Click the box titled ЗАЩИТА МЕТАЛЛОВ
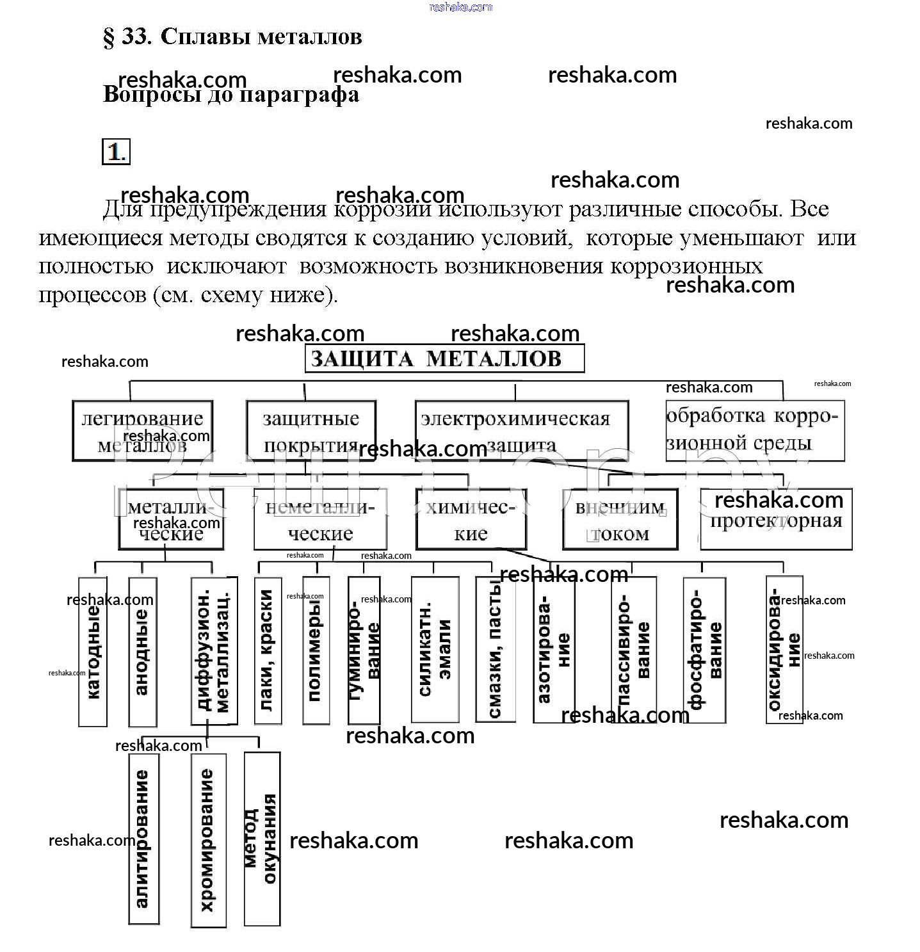444,359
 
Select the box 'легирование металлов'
142,430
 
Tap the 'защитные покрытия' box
311,430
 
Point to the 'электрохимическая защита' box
521,430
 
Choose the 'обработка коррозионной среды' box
755,430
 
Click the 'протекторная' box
776,519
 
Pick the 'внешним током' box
620,519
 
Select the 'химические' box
471,519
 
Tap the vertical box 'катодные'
92,651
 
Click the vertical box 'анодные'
142,651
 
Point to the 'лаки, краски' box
268,650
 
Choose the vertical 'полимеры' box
316,650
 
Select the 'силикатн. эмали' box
435,649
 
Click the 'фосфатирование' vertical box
704,650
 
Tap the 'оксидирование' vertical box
784,649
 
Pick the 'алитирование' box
143,838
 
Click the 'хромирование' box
208,839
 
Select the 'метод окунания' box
262,838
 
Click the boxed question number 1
116,152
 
